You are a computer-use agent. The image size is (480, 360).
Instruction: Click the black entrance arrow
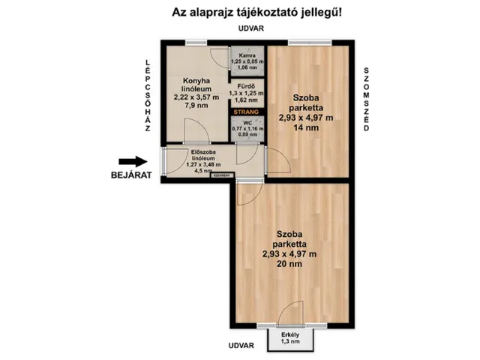(133, 160)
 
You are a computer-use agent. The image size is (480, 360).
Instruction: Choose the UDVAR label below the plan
(242, 346)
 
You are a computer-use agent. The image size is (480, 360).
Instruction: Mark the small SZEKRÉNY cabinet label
(221, 177)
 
